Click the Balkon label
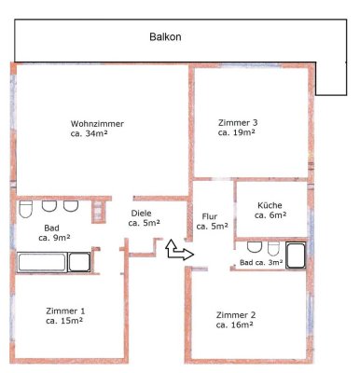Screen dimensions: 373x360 tap(165, 39)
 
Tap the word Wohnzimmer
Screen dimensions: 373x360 tap(97, 124)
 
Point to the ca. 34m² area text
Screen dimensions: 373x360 tap(97, 135)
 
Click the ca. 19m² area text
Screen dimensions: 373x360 tap(238, 133)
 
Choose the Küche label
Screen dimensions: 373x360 tap(270, 205)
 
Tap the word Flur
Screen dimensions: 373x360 tap(209, 216)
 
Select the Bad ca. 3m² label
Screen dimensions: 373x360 tap(261, 264)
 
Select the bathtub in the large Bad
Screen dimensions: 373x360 tap(40, 259)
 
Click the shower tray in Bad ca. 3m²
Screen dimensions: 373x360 tap(298, 255)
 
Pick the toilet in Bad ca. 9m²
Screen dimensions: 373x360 tap(27, 207)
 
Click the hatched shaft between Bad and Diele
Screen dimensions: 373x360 tap(97, 210)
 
